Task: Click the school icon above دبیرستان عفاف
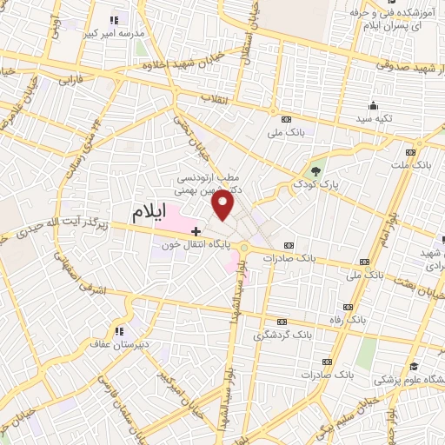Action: point(120,330)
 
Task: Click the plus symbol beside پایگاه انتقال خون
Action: point(196,231)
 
